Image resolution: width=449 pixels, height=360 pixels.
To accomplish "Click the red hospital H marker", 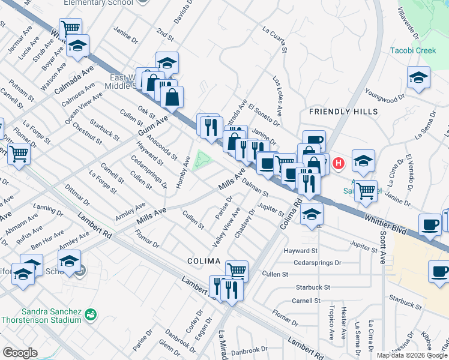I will pyautogui.click(x=339, y=163).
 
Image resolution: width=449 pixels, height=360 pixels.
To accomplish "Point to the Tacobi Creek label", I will pyautogui.click(x=412, y=50).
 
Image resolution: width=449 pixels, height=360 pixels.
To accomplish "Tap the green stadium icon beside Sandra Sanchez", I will pyautogui.click(x=91, y=313).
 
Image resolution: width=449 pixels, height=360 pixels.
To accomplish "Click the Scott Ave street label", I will pyautogui.click(x=382, y=244).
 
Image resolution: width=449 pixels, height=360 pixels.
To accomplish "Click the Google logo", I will pyautogui.click(x=20, y=353).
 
